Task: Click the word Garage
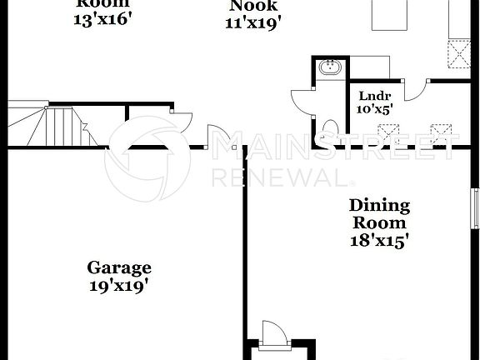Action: click(x=120, y=267)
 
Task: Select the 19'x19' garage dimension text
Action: click(x=120, y=285)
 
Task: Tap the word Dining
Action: click(x=378, y=205)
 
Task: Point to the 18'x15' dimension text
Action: click(x=378, y=240)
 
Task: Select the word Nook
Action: click(x=250, y=6)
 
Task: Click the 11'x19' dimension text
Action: click(x=250, y=22)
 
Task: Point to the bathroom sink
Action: click(x=327, y=67)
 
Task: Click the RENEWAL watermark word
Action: click(x=279, y=177)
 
